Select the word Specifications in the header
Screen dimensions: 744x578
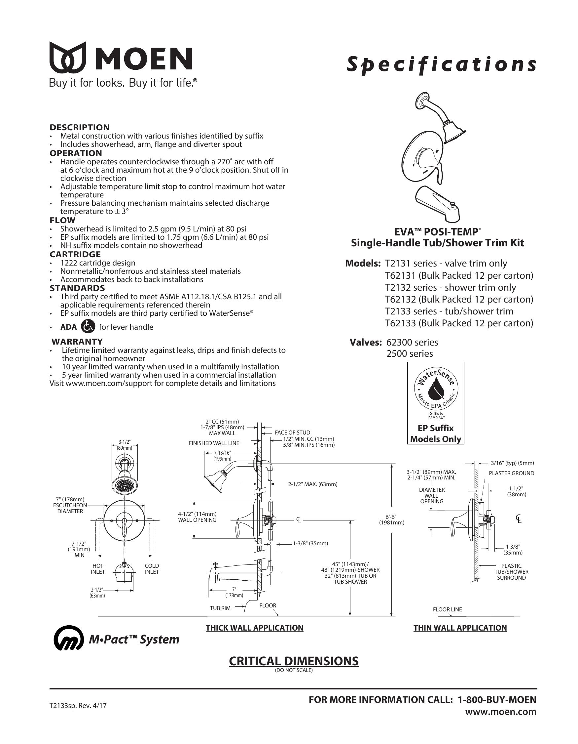click(x=441, y=65)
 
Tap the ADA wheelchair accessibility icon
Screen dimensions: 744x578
click(x=89, y=327)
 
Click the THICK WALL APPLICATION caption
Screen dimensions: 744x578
click(x=254, y=628)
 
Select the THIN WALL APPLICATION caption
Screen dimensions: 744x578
click(x=460, y=628)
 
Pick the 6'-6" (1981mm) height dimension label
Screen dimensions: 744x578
click(x=392, y=519)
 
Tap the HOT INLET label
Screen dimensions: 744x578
click(x=98, y=568)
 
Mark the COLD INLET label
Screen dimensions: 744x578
click(x=152, y=568)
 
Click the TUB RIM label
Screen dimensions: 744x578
click(x=220, y=608)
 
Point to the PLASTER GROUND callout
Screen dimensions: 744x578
click(x=511, y=473)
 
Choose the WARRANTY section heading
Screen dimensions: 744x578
click(x=77, y=341)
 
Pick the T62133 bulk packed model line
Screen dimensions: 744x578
click(x=459, y=323)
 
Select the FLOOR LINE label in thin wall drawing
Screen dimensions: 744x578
click(x=447, y=609)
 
